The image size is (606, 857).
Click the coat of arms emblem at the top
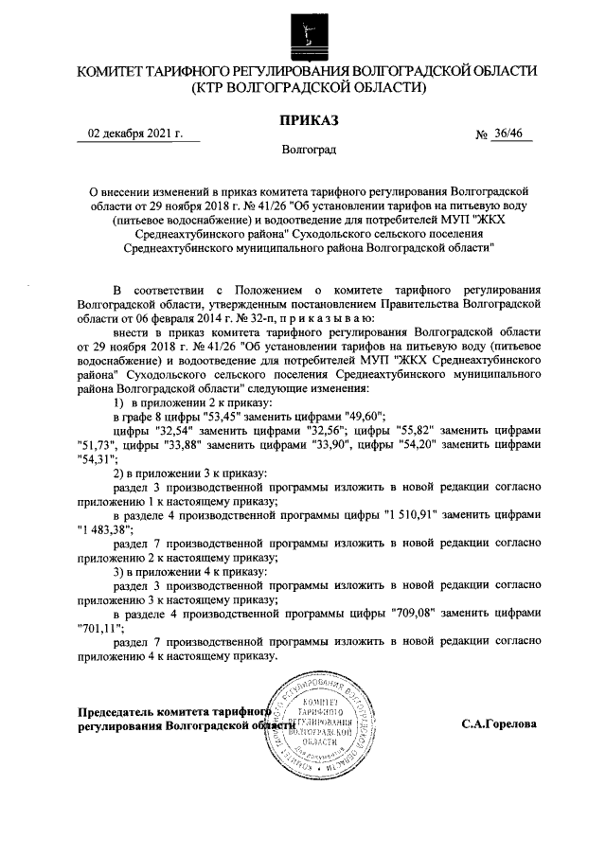303,29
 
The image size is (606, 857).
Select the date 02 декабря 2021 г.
135,134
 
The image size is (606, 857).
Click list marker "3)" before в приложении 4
119,569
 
